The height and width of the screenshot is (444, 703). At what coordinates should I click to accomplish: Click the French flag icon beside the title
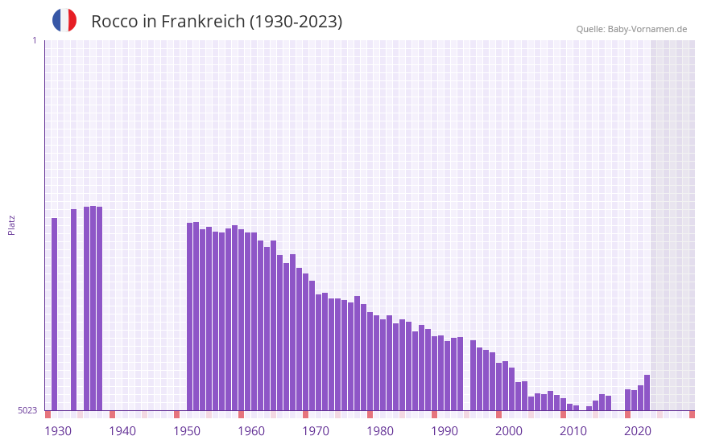click(x=64, y=20)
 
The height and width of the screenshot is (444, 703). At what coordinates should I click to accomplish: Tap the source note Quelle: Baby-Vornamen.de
click(x=631, y=29)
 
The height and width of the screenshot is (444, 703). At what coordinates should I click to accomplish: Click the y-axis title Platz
click(x=11, y=224)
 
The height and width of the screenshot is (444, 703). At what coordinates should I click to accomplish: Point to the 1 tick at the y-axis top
click(x=34, y=40)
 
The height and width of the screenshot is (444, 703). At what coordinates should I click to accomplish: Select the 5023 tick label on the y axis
click(x=27, y=410)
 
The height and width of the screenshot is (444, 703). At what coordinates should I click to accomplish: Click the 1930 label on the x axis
click(x=58, y=431)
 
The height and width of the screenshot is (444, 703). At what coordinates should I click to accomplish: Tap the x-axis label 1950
click(x=187, y=431)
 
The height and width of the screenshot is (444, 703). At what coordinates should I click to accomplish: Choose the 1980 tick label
click(x=380, y=431)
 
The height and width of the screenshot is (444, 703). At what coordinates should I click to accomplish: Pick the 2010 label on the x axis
click(x=573, y=431)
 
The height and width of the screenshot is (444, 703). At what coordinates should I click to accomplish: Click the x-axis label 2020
click(x=638, y=431)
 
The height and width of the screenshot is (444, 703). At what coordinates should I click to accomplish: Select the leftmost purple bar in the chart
click(x=55, y=314)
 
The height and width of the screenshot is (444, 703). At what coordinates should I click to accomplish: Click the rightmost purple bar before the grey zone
click(x=647, y=393)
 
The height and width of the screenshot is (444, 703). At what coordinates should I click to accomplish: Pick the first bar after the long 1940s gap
click(x=190, y=316)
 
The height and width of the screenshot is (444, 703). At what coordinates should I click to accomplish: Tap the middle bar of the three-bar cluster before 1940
click(x=93, y=308)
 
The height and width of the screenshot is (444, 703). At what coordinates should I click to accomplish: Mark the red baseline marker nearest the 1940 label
click(x=113, y=414)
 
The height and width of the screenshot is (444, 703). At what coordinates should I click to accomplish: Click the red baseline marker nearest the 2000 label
click(x=499, y=414)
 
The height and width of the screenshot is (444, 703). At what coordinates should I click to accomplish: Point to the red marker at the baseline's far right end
click(x=692, y=414)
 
